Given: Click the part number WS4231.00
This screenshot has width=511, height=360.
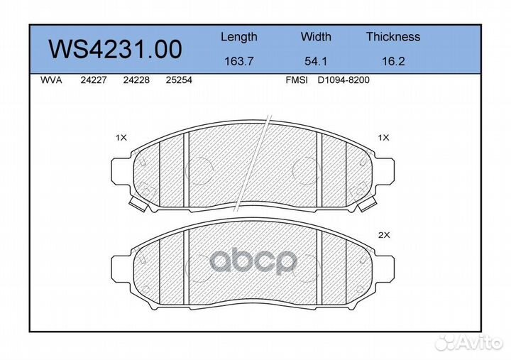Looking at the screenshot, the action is (x=116, y=49).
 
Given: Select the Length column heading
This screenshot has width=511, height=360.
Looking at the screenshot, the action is (x=239, y=37).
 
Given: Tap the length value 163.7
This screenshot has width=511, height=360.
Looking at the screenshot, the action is (x=239, y=61).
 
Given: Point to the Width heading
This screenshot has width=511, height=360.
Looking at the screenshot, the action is (x=316, y=36).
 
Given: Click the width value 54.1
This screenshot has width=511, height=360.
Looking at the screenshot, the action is (x=316, y=61).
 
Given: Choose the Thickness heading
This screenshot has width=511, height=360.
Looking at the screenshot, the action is (x=393, y=36).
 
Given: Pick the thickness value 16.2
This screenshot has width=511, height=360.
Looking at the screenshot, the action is (x=393, y=61).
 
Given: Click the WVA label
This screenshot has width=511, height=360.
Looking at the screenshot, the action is (x=51, y=80).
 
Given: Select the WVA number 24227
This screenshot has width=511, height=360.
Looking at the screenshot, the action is (x=94, y=80).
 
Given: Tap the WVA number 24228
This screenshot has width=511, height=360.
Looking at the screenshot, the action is (x=136, y=80).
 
